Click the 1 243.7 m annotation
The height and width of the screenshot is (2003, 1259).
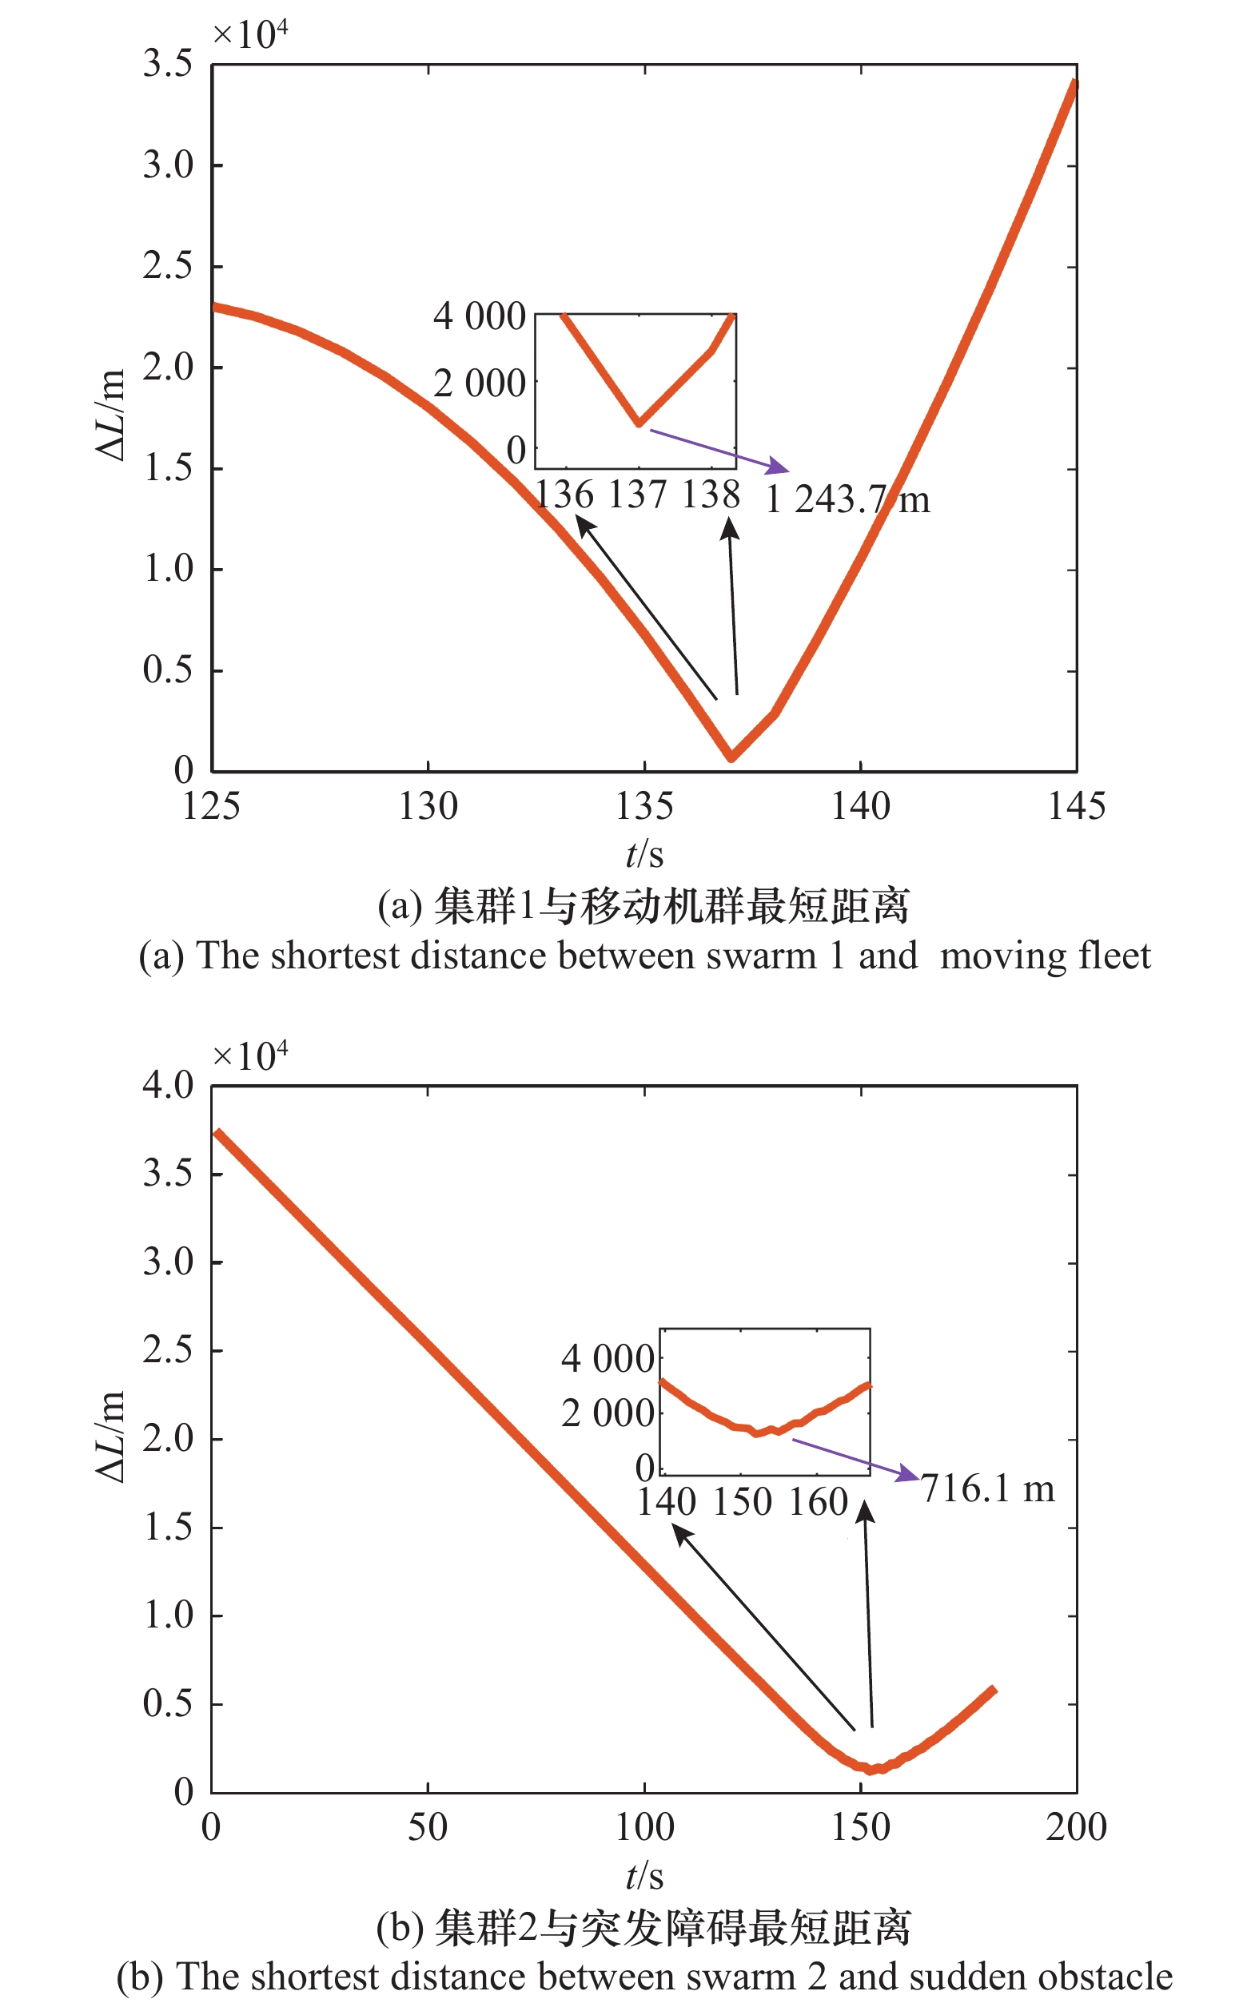(x=847, y=500)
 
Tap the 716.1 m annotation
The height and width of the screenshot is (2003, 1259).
(x=988, y=1488)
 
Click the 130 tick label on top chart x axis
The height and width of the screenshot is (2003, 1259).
(x=428, y=807)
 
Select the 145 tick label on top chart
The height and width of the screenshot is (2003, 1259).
(x=1076, y=807)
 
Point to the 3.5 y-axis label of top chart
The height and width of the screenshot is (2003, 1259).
(x=167, y=64)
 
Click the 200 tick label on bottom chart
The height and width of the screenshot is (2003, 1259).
(x=1076, y=1827)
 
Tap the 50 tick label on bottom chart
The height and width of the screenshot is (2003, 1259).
(x=428, y=1827)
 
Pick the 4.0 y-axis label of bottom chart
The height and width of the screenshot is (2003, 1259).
(x=167, y=1086)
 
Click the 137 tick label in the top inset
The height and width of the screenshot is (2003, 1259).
(x=637, y=495)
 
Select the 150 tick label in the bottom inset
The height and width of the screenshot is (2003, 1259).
(x=743, y=1502)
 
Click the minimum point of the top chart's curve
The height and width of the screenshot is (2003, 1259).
(x=731, y=756)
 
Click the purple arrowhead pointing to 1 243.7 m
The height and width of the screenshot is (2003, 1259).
(x=779, y=467)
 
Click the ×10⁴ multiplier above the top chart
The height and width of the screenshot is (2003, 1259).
(x=250, y=34)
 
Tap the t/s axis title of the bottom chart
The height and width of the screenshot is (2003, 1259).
(x=644, y=1876)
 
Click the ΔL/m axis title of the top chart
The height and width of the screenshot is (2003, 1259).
(x=110, y=414)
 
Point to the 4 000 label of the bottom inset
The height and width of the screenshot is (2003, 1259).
(x=608, y=1359)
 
